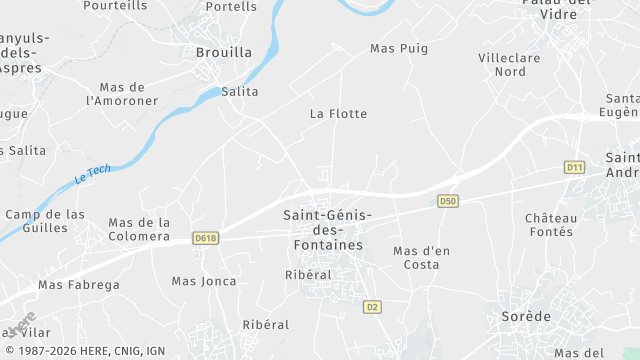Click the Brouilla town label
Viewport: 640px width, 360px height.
[x=224, y=52]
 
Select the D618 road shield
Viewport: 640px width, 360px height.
[x=207, y=238]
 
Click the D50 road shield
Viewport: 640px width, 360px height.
[x=449, y=202]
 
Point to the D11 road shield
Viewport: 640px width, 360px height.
[x=574, y=167]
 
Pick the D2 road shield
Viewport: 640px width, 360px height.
[x=372, y=306]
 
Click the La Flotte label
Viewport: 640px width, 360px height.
[x=338, y=114]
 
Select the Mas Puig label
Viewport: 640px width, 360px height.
[x=399, y=48]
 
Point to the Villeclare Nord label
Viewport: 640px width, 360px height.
[x=509, y=65]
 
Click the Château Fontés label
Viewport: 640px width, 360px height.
[x=551, y=225]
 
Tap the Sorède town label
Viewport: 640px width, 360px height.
[x=525, y=316]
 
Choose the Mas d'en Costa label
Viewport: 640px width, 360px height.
[x=417, y=257]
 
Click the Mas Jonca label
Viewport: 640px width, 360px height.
[x=204, y=281]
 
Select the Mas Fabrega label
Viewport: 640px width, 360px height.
[x=78, y=285]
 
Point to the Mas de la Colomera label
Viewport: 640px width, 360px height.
[x=139, y=229]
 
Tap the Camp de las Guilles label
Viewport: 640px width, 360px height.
[x=45, y=221]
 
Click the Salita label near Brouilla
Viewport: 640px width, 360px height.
[x=239, y=92]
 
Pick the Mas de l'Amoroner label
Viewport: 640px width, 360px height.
[x=123, y=94]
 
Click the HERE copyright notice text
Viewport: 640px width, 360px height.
[x=84, y=352]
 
